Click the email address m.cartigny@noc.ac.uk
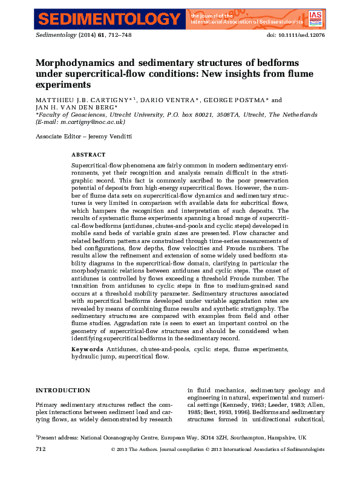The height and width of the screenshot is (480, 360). [91, 121]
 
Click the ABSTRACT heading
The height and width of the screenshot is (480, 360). [88, 155]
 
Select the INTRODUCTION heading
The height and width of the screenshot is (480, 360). [63, 390]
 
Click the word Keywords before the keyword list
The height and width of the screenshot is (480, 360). [87, 349]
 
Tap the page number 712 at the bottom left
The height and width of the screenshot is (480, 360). [41, 449]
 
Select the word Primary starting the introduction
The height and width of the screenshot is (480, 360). [48, 404]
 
